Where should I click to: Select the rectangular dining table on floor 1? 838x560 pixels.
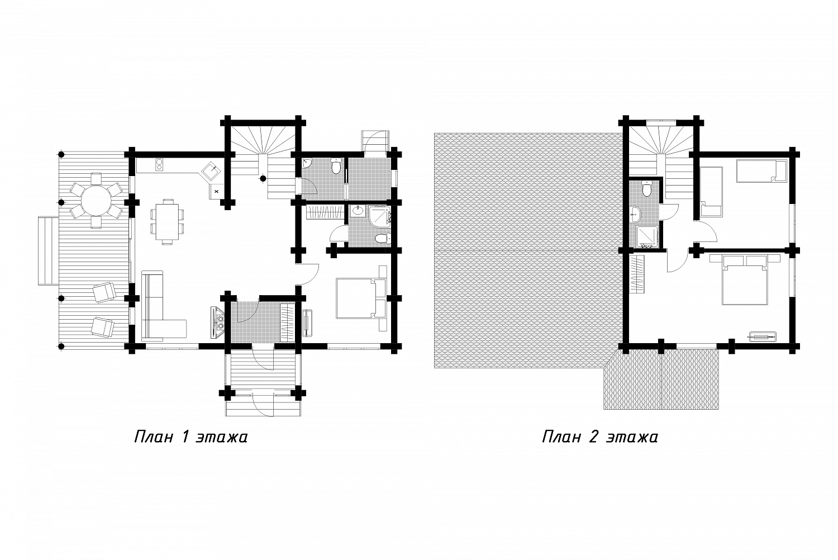click(x=167, y=221)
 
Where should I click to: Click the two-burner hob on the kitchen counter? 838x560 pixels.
click(x=160, y=164)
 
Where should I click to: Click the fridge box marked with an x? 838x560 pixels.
click(x=217, y=191)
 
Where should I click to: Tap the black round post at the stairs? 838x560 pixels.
click(x=263, y=178)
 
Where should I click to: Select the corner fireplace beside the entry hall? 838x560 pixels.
click(x=218, y=322)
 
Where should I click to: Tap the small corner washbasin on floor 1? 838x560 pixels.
click(x=307, y=164)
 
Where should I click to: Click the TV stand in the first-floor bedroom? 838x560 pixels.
click(x=307, y=322)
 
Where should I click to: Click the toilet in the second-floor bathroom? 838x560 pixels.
click(x=646, y=189)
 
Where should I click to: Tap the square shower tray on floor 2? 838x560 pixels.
click(x=646, y=236)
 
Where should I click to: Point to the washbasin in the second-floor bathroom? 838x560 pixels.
click(x=635, y=215)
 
